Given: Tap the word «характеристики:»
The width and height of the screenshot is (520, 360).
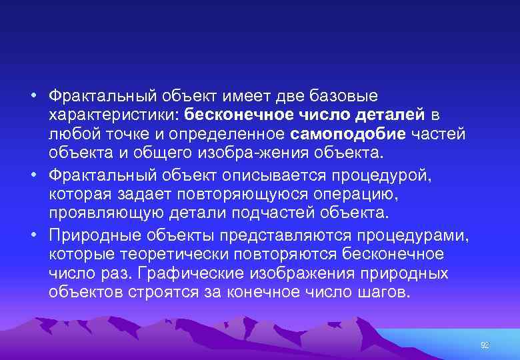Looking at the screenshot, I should coord(114,115).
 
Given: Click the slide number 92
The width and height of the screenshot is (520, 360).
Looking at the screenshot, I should coord(485,345).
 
